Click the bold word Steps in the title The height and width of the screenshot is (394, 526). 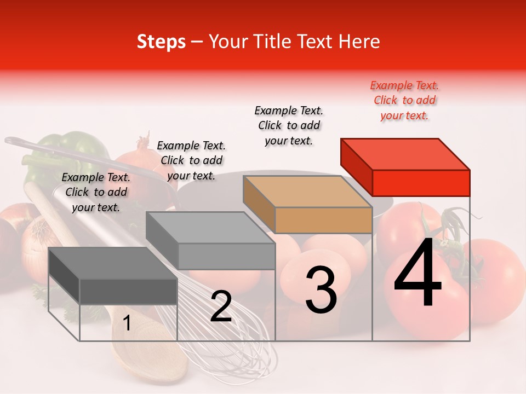click(161, 42)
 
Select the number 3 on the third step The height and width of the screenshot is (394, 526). click(321, 290)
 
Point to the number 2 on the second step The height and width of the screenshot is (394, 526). click(221, 306)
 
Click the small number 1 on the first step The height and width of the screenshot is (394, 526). click(127, 323)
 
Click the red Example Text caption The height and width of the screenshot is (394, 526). click(404, 100)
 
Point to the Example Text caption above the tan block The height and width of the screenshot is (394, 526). click(289, 125)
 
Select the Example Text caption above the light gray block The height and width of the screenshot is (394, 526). click(191, 160)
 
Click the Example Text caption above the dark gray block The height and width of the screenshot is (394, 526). click(96, 192)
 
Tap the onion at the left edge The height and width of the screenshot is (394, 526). click(38, 241)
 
